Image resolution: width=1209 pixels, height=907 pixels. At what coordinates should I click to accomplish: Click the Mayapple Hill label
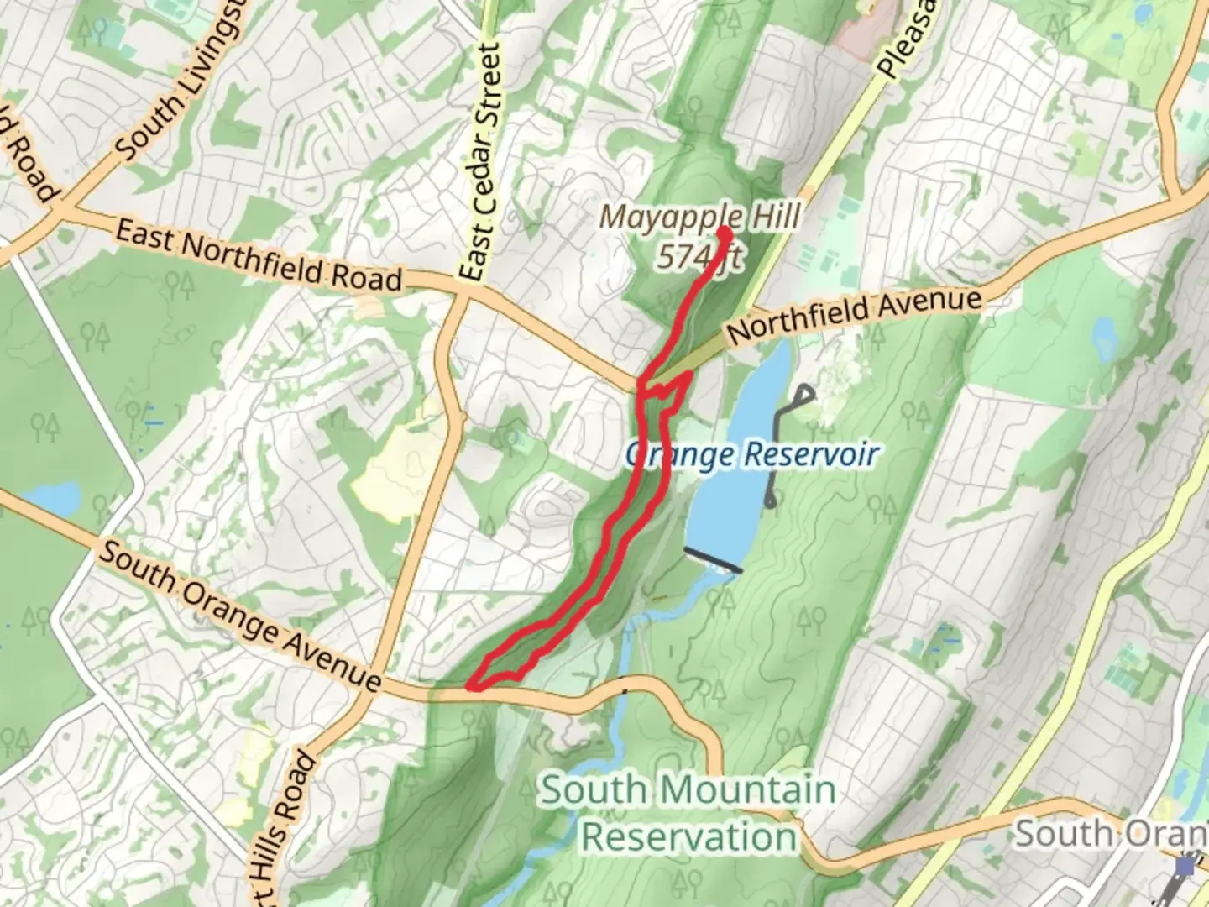click(x=699, y=217)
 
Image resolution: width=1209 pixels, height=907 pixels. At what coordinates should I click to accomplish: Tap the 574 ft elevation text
click(x=699, y=256)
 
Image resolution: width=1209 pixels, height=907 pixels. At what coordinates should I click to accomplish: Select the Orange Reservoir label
click(x=751, y=454)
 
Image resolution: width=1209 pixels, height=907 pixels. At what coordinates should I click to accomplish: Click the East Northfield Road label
click(x=259, y=255)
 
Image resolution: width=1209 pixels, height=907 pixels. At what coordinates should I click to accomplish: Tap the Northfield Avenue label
click(x=854, y=314)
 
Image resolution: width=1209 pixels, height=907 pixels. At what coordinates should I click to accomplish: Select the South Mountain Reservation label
click(x=688, y=813)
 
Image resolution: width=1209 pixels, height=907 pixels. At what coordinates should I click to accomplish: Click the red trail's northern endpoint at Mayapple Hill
click(x=723, y=229)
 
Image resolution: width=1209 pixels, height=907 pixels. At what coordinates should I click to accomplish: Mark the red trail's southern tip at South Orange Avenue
click(x=473, y=687)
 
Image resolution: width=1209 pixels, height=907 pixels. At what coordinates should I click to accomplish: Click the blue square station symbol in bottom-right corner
click(x=1185, y=865)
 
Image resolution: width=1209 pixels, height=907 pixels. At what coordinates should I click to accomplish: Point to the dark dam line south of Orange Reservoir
click(x=713, y=560)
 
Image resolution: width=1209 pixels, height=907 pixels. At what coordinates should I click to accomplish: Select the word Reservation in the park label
click(x=688, y=836)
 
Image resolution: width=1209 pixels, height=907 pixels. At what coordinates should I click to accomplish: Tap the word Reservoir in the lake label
click(x=810, y=454)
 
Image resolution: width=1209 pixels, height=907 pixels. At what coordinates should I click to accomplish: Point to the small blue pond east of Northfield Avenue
click(x=1102, y=337)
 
